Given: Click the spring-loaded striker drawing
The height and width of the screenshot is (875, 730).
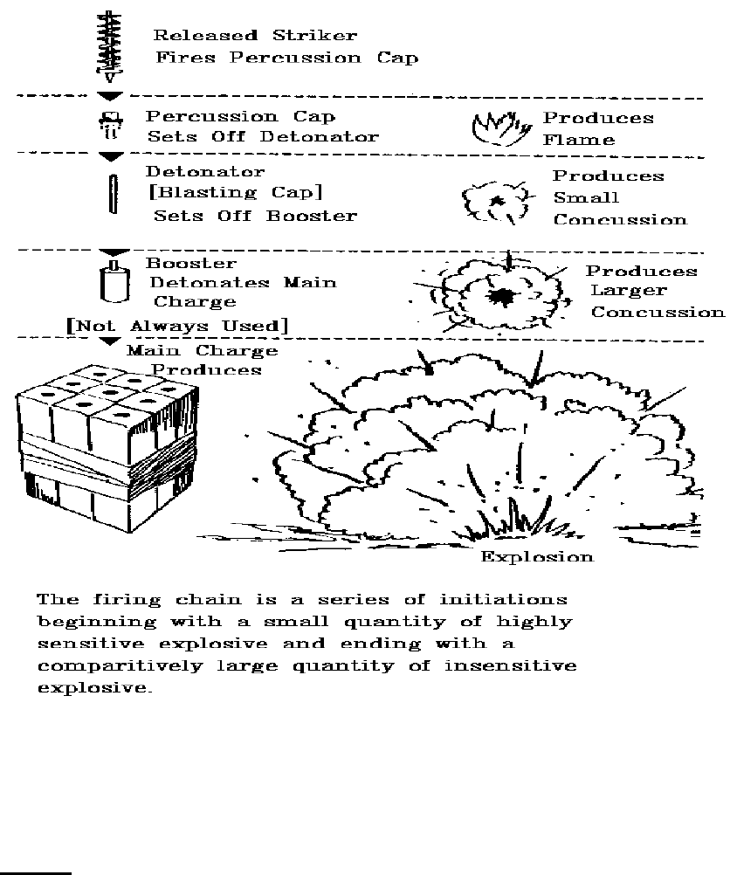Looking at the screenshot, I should point(111,45).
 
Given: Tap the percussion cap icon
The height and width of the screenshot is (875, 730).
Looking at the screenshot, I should point(111,127).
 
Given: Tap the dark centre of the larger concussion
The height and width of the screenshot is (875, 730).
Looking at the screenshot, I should point(500,298).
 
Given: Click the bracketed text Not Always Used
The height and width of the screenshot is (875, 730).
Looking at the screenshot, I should point(178,326).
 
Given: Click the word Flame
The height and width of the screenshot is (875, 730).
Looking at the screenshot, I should point(579,140).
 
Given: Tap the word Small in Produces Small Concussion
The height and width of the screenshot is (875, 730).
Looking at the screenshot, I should point(586,198).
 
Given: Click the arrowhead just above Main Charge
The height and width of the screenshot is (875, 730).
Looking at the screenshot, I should point(111,341).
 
